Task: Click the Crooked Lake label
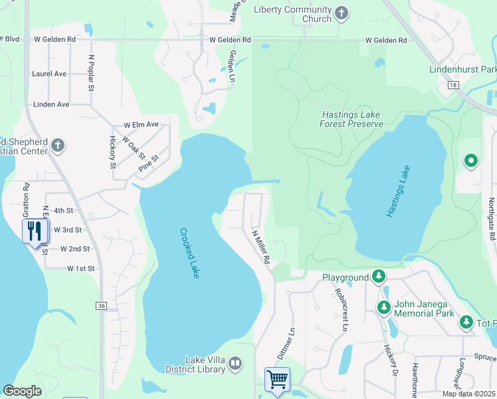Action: tap(189, 253)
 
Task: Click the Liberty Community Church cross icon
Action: tap(342, 13)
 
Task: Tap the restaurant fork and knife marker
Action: tap(34, 231)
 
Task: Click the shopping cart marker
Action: tap(277, 379)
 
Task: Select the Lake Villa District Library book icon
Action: tap(235, 364)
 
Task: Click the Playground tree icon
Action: tap(378, 276)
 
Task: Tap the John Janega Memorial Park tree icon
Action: tap(383, 307)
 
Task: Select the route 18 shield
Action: tap(452, 85)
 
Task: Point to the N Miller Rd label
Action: tap(260, 245)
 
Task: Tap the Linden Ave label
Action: tap(52, 104)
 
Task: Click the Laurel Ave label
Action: tap(52, 73)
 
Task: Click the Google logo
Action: tap(23, 391)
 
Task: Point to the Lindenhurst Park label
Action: tap(463, 69)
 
